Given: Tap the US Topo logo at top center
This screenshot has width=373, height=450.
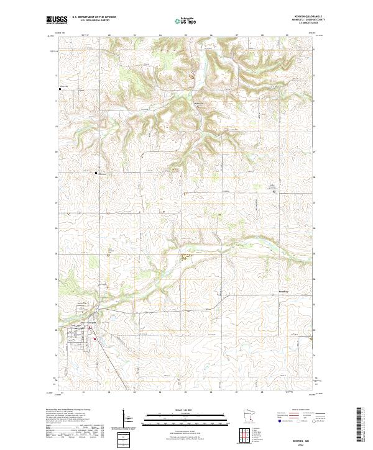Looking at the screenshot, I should (186, 20).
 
